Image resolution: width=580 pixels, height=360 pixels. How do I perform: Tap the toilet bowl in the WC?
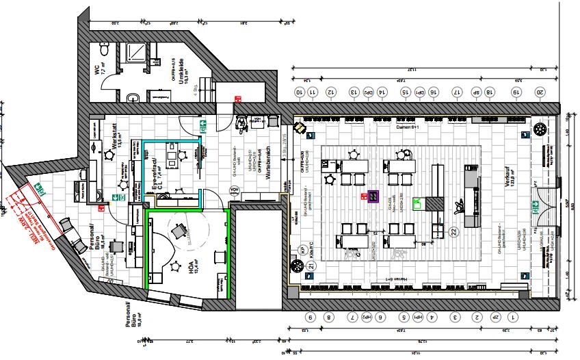click(103, 50)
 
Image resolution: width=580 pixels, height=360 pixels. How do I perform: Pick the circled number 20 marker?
click(539, 92)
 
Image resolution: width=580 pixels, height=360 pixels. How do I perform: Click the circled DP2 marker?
click(368, 92)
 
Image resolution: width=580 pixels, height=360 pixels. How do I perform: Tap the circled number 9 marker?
click(310, 318)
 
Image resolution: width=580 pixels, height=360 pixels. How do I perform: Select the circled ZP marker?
click(495, 318)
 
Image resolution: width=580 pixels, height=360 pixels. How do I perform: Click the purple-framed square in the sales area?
click(373, 196)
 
